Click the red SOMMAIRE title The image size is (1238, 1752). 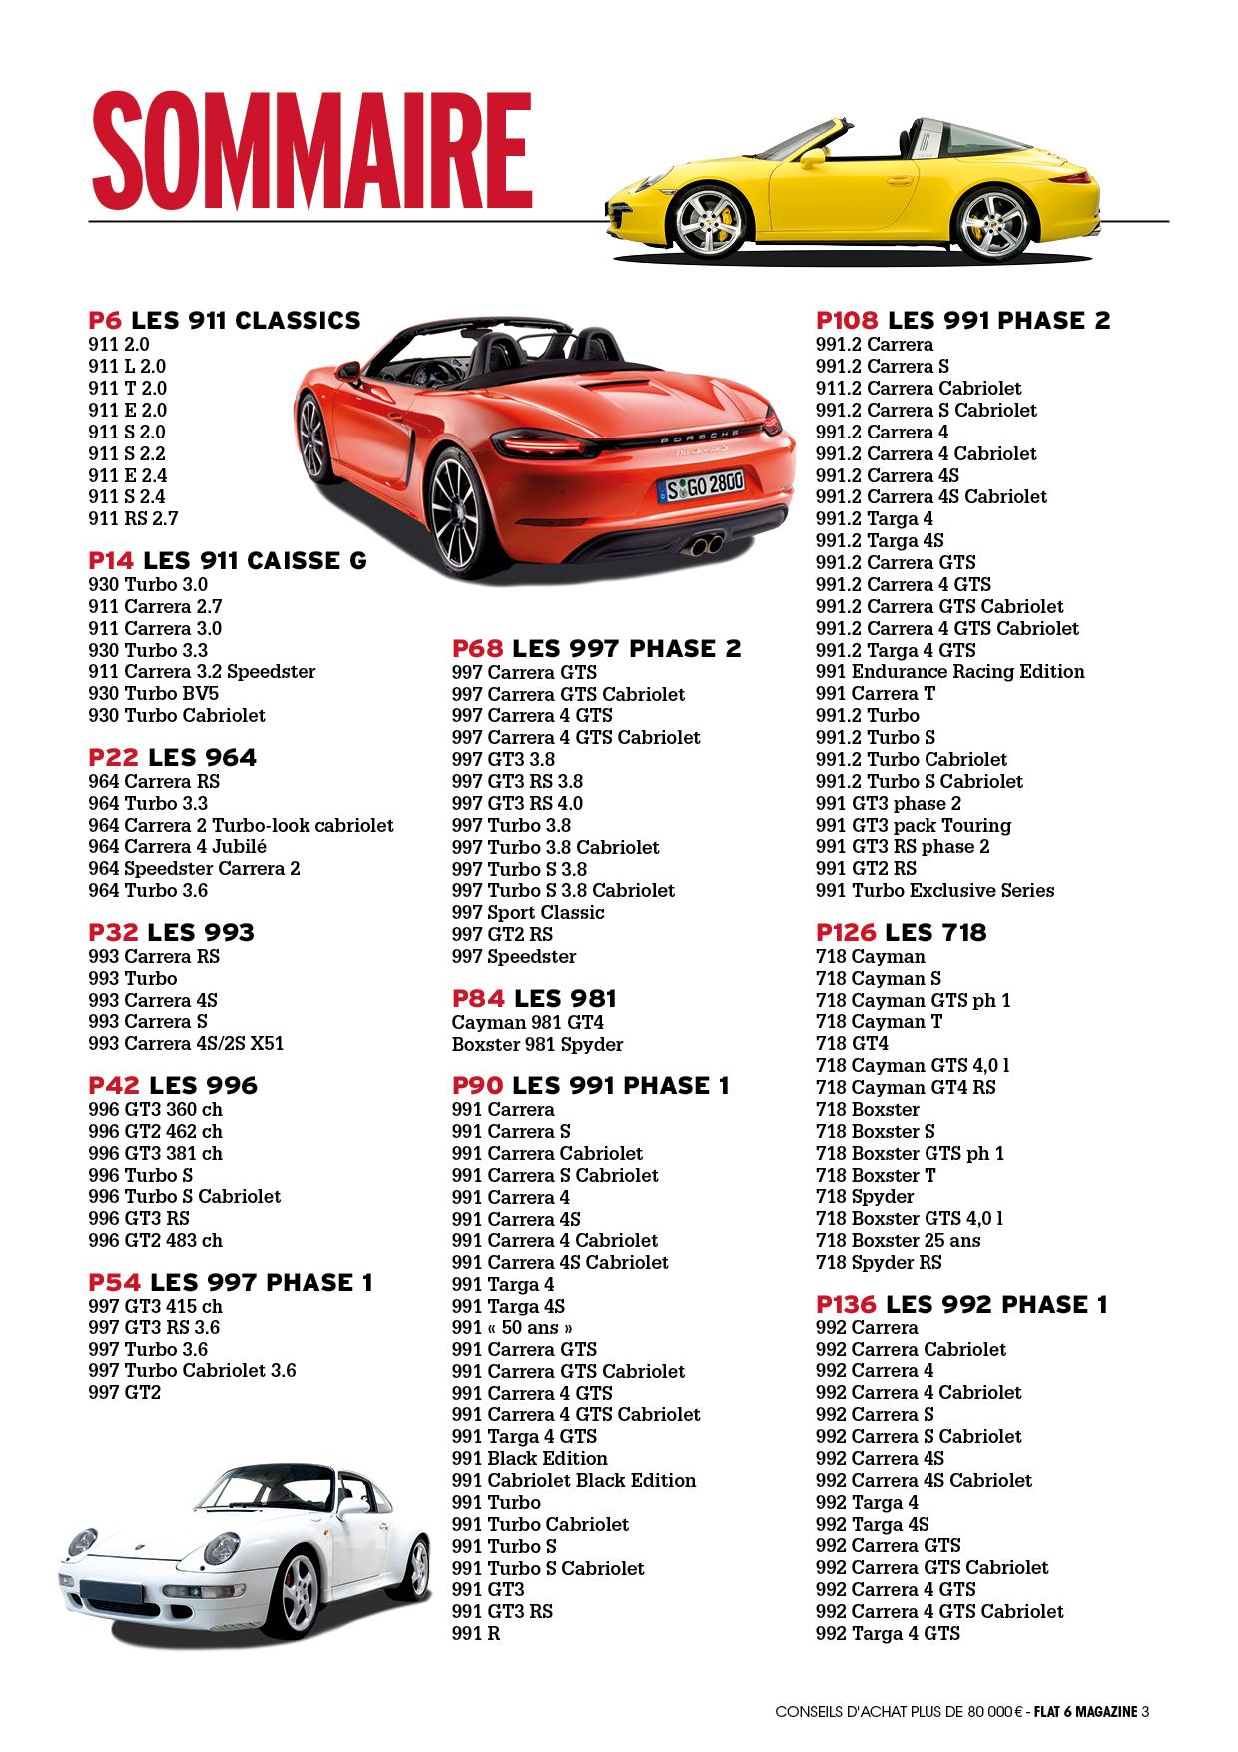(309, 149)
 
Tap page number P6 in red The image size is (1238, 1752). (105, 321)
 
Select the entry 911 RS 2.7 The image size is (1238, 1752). (133, 518)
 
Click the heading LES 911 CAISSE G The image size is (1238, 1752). (256, 561)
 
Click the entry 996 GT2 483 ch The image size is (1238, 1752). (155, 1241)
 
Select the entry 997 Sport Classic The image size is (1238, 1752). (528, 913)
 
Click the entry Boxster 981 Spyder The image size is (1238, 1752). (537, 1045)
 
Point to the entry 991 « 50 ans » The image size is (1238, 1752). (513, 1328)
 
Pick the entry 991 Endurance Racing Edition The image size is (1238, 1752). (949, 672)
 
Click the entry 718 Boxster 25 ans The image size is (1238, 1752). (898, 1241)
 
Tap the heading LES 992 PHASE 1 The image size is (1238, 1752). (996, 1305)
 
